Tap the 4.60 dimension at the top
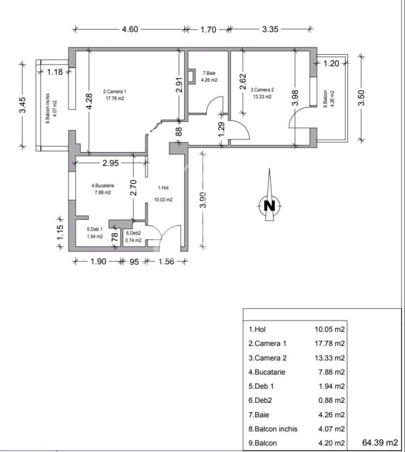pyautogui.click(x=130, y=29)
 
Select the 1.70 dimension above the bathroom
pyautogui.click(x=208, y=30)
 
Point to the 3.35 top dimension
pyautogui.click(x=270, y=29)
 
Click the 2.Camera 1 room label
pyautogui.click(x=115, y=91)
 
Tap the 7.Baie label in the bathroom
pyautogui.click(x=208, y=72)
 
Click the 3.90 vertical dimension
pyautogui.click(x=202, y=200)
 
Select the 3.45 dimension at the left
pyautogui.click(x=23, y=104)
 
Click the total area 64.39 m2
pyautogui.click(x=379, y=442)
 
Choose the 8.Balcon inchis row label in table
pyautogui.click(x=273, y=429)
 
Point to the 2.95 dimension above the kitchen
pyautogui.click(x=110, y=163)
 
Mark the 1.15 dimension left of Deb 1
pyautogui.click(x=60, y=234)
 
